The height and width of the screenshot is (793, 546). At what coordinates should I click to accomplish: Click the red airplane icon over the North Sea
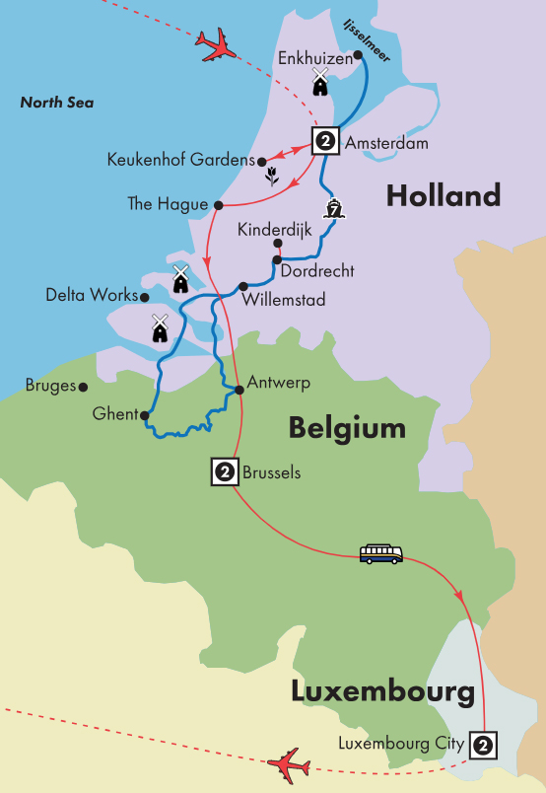click(218, 44)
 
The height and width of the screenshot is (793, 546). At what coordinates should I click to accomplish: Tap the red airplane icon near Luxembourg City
click(288, 763)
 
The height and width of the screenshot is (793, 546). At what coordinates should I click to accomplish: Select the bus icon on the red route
click(380, 553)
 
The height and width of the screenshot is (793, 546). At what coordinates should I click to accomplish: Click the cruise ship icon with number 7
click(334, 208)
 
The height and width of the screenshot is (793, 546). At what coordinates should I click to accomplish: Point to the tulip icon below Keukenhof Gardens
click(271, 178)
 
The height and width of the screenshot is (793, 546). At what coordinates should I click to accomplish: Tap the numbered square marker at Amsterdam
click(325, 141)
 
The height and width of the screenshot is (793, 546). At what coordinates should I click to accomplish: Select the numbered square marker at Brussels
click(225, 473)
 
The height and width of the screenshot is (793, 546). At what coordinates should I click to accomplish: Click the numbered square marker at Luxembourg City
click(482, 743)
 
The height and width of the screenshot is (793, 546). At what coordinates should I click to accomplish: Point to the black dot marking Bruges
click(84, 387)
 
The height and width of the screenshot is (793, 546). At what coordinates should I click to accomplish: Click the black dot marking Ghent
click(145, 415)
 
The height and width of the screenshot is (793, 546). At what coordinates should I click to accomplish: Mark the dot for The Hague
click(217, 205)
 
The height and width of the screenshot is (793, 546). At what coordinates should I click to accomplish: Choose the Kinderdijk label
click(273, 229)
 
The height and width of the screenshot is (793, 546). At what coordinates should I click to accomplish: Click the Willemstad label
click(285, 298)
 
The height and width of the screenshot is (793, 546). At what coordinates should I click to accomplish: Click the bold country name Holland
click(443, 195)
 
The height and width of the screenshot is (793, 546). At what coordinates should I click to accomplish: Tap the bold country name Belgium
click(347, 427)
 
